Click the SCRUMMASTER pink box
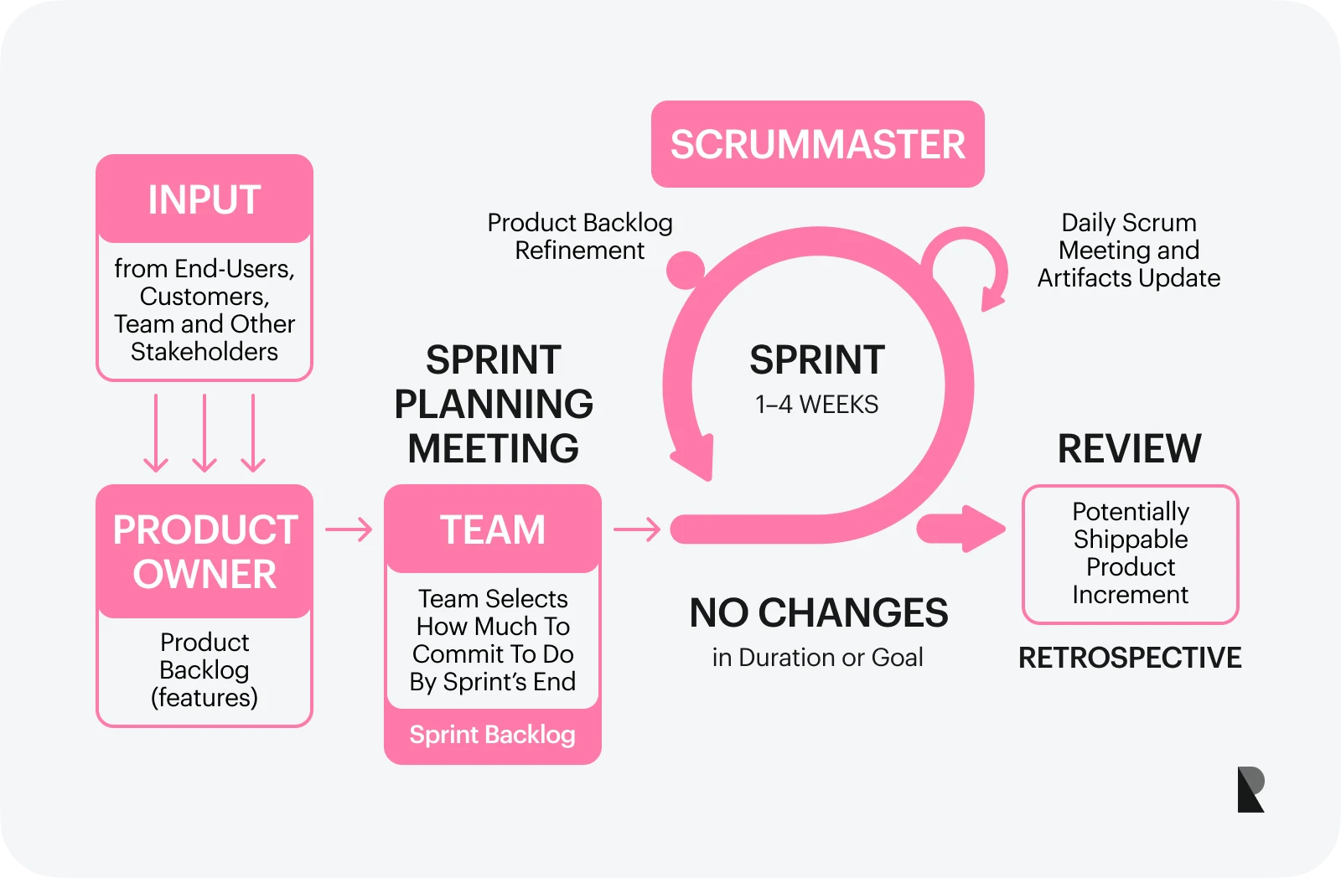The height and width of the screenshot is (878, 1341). pyautogui.click(x=817, y=144)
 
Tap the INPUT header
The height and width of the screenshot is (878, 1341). pyautogui.click(x=205, y=199)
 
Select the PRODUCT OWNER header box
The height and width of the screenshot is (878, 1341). pyautogui.click(x=205, y=551)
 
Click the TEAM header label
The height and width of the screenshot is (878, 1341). pyautogui.click(x=493, y=529)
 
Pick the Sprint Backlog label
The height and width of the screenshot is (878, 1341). pyautogui.click(x=493, y=735)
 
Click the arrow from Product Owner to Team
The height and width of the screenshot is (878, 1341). pyautogui.click(x=349, y=529)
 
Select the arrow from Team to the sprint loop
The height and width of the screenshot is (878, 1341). pyautogui.click(x=637, y=529)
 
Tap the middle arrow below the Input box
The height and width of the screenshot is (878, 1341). pyautogui.click(x=205, y=433)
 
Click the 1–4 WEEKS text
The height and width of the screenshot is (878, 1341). pyautogui.click(x=816, y=405)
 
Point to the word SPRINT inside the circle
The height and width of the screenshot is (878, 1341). pyautogui.click(x=816, y=360)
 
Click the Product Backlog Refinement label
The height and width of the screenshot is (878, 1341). pyautogui.click(x=580, y=236)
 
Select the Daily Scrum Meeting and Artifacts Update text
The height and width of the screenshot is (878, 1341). pyautogui.click(x=1129, y=250)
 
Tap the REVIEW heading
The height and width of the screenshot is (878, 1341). pyautogui.click(x=1129, y=449)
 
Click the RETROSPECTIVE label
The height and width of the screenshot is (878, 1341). pyautogui.click(x=1129, y=658)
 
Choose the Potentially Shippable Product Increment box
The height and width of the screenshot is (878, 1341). pyautogui.click(x=1130, y=553)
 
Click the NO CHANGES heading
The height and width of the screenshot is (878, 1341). pyautogui.click(x=818, y=613)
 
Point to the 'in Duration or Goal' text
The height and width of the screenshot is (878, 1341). pyautogui.click(x=817, y=658)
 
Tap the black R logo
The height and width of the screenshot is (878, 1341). pyautogui.click(x=1250, y=789)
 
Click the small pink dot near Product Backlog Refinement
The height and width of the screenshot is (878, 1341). pyautogui.click(x=686, y=270)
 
